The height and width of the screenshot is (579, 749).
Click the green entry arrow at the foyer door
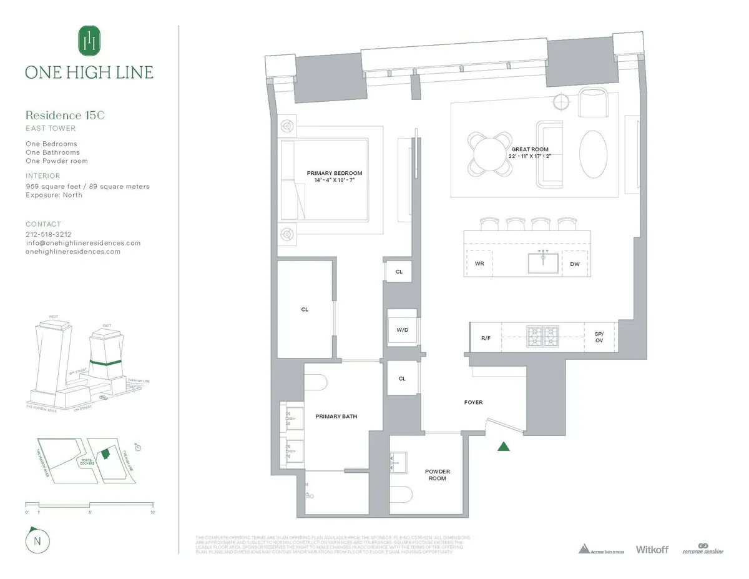coord(504,446)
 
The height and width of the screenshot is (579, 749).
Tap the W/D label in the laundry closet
coord(402,330)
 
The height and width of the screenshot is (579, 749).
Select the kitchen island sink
coord(543,264)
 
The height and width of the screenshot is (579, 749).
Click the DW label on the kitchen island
coord(575,264)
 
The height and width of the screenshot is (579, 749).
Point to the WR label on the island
coord(479,264)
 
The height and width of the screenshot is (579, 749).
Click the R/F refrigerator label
coord(486,337)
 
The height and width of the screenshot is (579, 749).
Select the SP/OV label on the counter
coord(599,337)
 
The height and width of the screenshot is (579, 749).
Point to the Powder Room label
coord(438,475)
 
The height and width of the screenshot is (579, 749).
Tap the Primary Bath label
coord(336,416)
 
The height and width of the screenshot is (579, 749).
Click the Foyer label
coord(473,403)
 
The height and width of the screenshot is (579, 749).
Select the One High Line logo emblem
coord(89,41)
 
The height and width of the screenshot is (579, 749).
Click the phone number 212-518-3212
coord(48,235)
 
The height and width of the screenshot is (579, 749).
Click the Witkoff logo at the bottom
coord(652,550)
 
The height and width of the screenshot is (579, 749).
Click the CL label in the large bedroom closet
coord(305,310)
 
